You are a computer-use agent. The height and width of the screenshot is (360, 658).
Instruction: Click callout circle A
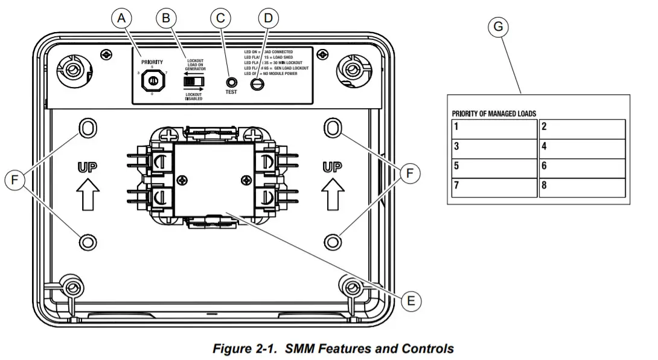(122, 18)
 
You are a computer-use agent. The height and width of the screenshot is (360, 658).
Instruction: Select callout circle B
(164, 18)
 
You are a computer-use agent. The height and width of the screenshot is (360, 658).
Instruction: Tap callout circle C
(220, 18)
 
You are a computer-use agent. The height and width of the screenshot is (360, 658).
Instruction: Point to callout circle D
(268, 18)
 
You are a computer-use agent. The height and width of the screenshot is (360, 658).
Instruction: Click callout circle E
(410, 300)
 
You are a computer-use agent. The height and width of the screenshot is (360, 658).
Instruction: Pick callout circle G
(498, 27)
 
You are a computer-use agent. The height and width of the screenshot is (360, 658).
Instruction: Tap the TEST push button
(231, 82)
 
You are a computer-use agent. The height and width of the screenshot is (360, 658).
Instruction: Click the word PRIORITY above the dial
(152, 62)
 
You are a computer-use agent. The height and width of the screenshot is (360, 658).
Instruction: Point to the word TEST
(231, 92)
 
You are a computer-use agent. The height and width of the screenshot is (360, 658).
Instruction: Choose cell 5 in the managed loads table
(494, 167)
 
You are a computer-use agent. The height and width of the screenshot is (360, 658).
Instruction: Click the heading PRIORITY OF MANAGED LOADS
(494, 114)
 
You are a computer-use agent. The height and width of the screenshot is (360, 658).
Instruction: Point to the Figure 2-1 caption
(333, 349)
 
